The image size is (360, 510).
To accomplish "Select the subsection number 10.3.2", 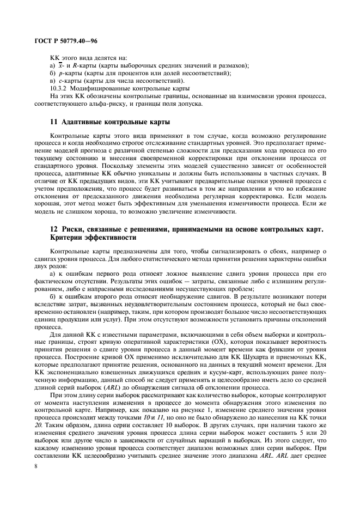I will pos(59,88).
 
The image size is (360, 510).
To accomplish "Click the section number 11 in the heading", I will pos(53,121).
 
